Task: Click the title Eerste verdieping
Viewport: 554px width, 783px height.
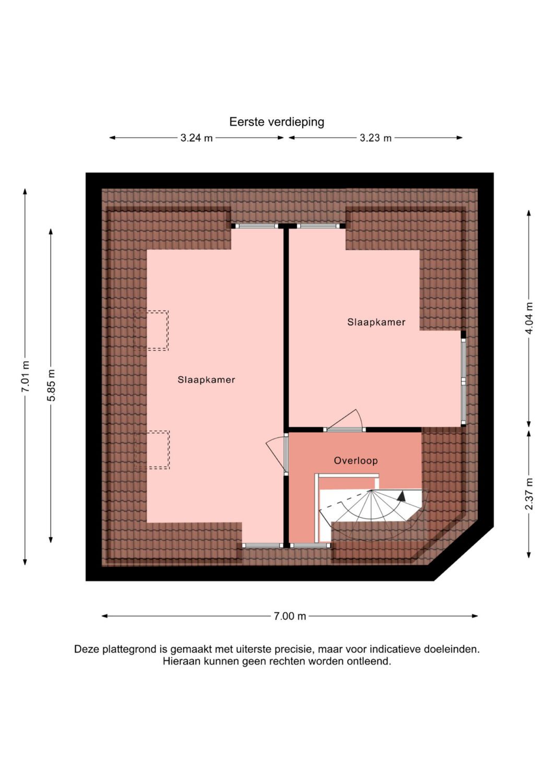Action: point(277,122)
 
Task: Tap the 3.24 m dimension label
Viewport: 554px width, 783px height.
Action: point(196,138)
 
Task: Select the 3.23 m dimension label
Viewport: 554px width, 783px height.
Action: point(375,138)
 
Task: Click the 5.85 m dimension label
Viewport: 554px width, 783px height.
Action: point(52,385)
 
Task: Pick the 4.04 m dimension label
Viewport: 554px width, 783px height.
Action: point(529,318)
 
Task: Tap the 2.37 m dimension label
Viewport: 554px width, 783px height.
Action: point(529,494)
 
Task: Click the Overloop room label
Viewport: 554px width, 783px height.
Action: point(356,461)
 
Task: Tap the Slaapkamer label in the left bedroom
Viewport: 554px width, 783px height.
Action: point(206,379)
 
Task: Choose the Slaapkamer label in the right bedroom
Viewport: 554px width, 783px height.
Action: point(376,322)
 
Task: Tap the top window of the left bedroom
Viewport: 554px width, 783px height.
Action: point(257,226)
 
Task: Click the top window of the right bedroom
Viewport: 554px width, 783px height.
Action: point(319,226)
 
